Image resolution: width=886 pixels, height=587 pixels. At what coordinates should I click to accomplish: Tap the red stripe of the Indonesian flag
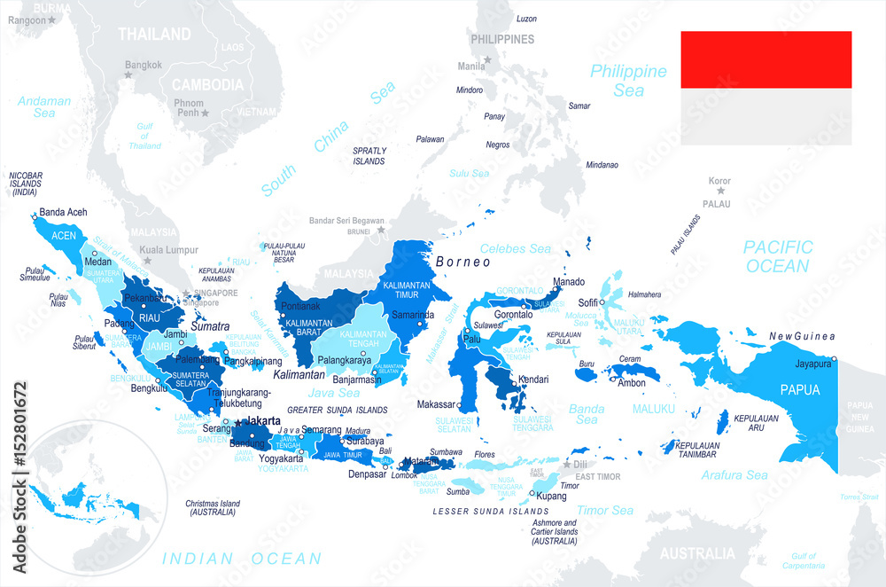[766, 59]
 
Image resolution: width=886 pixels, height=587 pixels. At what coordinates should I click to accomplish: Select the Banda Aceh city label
[63, 213]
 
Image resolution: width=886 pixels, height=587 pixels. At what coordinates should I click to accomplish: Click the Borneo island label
[462, 262]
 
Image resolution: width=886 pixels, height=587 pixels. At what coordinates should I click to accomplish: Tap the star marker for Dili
[567, 463]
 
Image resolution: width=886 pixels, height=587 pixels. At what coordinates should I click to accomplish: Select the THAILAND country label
[155, 35]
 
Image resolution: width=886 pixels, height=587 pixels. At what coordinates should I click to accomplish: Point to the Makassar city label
[437, 404]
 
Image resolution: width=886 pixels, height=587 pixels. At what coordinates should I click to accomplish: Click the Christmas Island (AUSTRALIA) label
[213, 508]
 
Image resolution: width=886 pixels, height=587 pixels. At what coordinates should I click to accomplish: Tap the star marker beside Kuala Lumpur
[147, 261]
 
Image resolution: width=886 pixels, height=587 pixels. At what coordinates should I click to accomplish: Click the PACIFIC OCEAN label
[777, 256]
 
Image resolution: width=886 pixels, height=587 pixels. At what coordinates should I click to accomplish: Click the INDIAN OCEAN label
[242, 559]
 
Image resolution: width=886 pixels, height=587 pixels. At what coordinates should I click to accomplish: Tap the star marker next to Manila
[488, 60]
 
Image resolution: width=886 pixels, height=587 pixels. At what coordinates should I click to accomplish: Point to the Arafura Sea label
[734, 475]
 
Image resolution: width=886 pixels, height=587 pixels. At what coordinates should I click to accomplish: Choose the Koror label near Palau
[719, 181]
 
